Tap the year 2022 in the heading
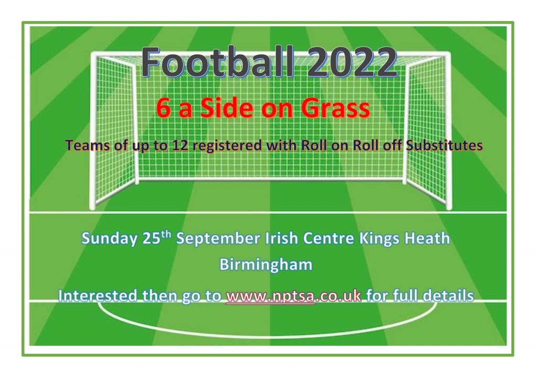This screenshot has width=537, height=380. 352,62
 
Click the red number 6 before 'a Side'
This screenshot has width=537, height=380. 164,108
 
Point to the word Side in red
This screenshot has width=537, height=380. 228,108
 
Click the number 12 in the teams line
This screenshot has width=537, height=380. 180,145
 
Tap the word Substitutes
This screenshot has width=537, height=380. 444,145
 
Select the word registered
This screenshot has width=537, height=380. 227,146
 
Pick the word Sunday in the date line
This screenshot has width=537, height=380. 109,238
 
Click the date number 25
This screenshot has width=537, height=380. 152,238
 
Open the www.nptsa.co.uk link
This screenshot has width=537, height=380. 294,295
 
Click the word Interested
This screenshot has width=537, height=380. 98,295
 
